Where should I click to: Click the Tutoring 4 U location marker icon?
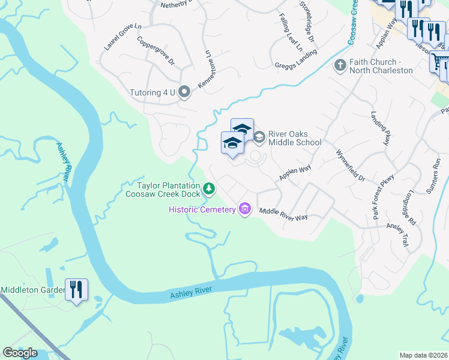click(185, 92)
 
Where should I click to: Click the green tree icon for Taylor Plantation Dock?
click(209, 189)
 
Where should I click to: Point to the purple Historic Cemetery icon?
click(244, 209)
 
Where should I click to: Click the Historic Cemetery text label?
click(202, 209)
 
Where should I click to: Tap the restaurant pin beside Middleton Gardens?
click(77, 290)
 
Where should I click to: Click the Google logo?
click(20, 353)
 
